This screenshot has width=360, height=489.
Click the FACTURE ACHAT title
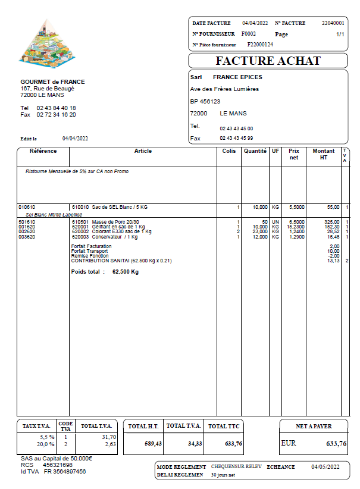click(268, 61)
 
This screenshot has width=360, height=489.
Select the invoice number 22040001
click(333, 23)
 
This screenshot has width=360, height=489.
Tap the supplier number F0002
click(249, 34)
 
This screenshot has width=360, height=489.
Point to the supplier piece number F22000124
click(260, 45)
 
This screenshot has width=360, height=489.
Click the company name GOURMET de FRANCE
click(52, 82)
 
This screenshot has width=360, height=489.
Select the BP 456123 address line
click(205, 101)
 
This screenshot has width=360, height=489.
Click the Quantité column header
click(255, 151)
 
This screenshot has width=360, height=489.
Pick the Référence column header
click(43, 151)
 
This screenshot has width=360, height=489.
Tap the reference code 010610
click(27, 207)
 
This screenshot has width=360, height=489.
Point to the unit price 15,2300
click(298, 227)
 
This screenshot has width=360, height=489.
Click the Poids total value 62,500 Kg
click(126, 272)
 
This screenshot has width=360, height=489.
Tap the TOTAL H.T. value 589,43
click(153, 443)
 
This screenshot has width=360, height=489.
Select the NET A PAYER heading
click(314, 426)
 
